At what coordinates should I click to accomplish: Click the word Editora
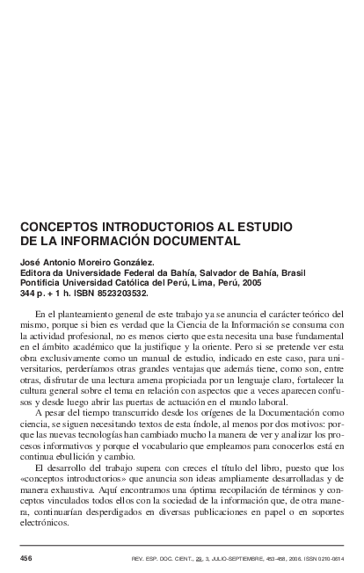pos(36,272)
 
